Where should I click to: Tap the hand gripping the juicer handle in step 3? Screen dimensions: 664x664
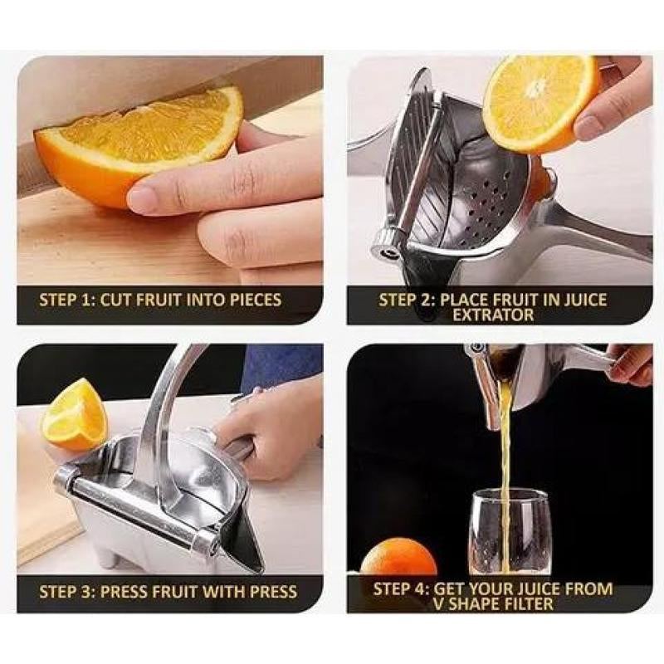[x=274, y=423]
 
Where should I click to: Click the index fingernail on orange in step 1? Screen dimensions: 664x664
[x=142, y=198]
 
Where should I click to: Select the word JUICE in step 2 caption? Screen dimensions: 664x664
[x=584, y=300]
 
